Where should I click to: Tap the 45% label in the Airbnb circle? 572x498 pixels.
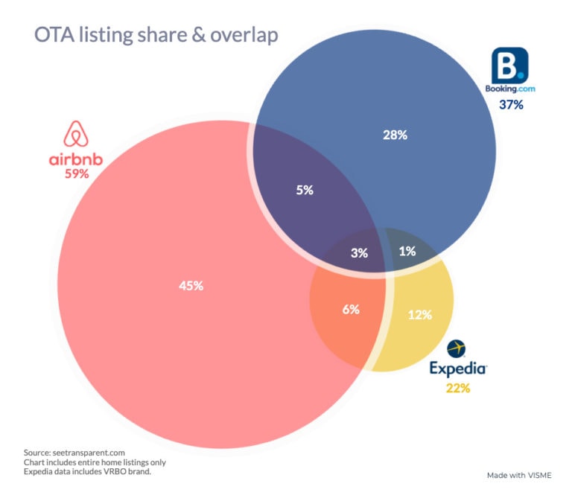191,286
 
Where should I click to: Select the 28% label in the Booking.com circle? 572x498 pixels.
394,135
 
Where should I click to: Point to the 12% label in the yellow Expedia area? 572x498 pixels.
420,314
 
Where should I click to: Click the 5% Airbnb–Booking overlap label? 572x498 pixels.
305,190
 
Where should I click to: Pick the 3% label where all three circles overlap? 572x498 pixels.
359,252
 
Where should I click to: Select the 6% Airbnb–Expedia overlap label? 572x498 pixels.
351,309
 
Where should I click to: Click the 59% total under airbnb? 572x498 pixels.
76,174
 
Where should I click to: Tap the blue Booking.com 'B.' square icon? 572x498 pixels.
510,66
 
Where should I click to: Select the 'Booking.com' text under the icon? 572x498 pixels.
510,89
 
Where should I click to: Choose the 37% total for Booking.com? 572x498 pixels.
511,105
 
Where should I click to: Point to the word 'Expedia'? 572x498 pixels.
458,369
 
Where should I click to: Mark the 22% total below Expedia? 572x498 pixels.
458,388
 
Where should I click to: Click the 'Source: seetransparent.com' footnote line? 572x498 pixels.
74,452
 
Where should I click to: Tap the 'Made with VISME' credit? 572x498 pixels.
519,474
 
